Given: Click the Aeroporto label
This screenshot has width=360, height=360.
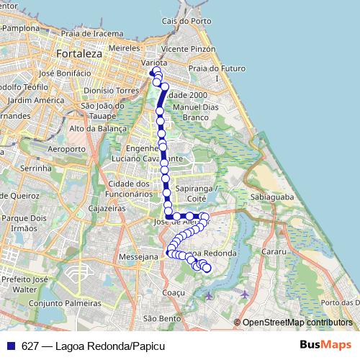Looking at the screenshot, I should tap(66, 149).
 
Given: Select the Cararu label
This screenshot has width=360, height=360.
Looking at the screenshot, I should tap(275, 253).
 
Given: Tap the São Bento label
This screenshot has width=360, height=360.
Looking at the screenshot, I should tap(162, 318).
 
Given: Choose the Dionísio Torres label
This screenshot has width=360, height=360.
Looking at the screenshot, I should tap(111, 91).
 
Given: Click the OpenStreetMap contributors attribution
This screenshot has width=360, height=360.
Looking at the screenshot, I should tap(297, 323).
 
